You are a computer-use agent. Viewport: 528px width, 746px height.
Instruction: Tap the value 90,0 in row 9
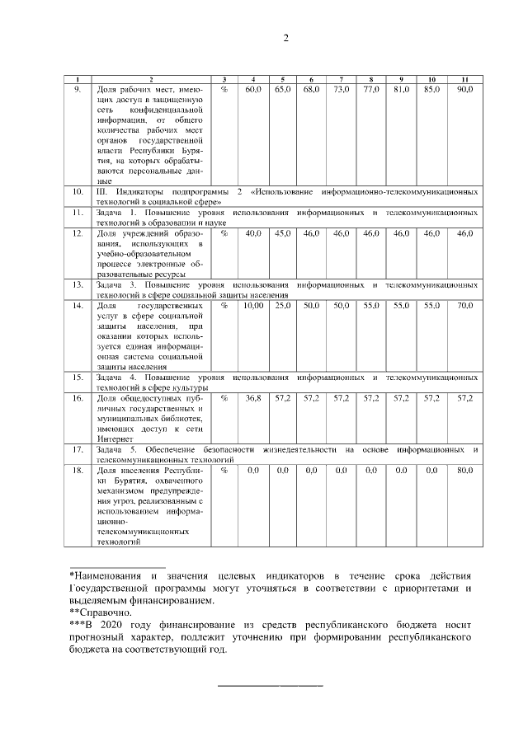coord(464,88)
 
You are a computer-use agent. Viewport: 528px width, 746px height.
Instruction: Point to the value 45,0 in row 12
coord(282,234)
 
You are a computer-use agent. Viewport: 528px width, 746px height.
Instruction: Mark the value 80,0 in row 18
coord(464,470)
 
